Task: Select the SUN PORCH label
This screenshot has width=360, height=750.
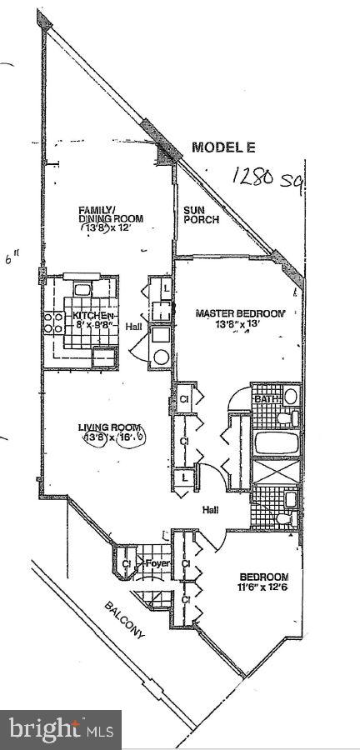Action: tap(201, 214)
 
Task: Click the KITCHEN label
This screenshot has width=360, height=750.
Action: tap(91, 316)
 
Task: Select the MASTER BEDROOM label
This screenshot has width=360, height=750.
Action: tap(239, 313)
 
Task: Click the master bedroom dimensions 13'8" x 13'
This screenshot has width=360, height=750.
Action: tap(239, 324)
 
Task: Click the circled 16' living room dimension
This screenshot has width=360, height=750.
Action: tap(132, 438)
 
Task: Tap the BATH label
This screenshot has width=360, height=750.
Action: tap(265, 399)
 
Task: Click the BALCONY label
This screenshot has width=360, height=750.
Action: tap(124, 620)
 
